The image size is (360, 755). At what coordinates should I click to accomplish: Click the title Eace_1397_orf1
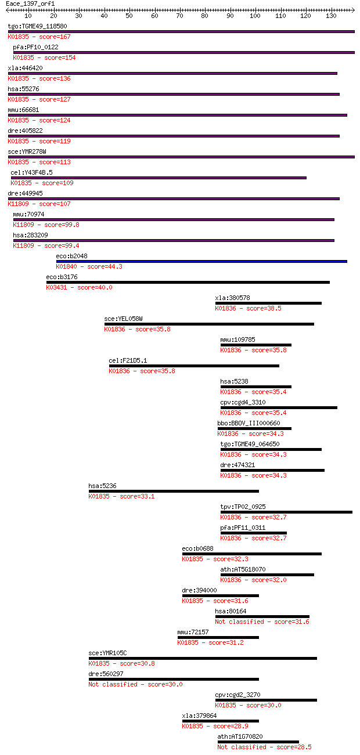(x=30, y=3)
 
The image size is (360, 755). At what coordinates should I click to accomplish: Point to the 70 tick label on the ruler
(x=179, y=16)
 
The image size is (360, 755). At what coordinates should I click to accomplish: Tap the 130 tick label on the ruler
(x=331, y=16)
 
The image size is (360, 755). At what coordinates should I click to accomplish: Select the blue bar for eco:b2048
(x=201, y=261)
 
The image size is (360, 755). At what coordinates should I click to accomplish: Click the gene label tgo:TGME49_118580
(x=37, y=26)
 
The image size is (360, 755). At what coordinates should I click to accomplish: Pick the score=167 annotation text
(x=55, y=37)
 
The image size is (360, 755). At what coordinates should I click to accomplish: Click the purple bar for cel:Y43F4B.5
(x=159, y=178)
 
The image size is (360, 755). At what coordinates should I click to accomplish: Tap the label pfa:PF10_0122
(x=35, y=47)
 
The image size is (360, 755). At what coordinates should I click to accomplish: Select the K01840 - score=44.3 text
(x=89, y=266)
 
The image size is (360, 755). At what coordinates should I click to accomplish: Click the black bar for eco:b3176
(x=188, y=282)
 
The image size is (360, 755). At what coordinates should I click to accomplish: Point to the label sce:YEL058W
(x=123, y=319)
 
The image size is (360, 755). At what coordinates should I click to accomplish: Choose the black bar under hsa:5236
(x=174, y=491)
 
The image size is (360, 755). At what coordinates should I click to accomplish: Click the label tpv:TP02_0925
(x=243, y=507)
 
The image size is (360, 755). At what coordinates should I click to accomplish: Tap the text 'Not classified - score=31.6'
(x=262, y=622)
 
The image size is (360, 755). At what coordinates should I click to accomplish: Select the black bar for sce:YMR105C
(x=203, y=658)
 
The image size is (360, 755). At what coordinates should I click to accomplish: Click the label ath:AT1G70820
(x=240, y=737)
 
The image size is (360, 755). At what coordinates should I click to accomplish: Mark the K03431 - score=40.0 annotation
(x=80, y=287)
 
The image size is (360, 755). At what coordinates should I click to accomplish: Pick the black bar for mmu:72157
(x=218, y=637)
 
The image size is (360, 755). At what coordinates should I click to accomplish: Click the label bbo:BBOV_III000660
(x=249, y=423)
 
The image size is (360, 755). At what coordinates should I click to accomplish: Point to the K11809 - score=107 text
(x=39, y=204)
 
